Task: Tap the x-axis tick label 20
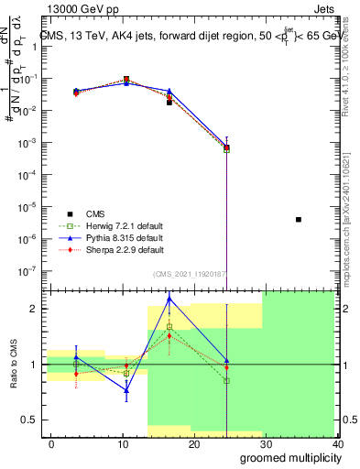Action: coord(194,443)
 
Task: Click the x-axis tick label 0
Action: coord(51,443)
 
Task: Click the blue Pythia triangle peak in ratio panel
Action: coord(169,299)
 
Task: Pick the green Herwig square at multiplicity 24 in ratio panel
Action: coord(226,380)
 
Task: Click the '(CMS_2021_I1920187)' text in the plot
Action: coord(191,273)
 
